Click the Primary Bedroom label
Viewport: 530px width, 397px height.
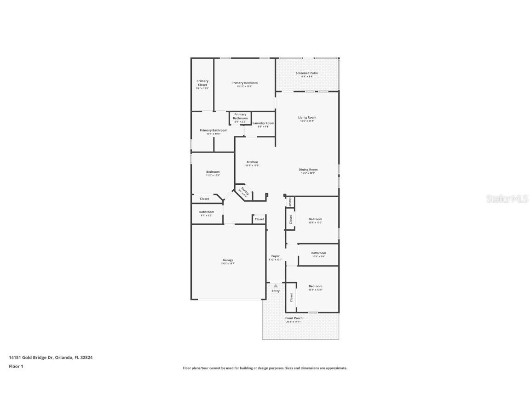244,83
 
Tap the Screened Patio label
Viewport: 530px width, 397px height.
306,73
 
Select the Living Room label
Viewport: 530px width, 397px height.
307,118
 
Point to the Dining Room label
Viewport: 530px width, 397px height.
309,170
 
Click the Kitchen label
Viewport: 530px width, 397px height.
252,162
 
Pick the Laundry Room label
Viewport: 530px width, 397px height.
263,123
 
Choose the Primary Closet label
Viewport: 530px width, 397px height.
202,83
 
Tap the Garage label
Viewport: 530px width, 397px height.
228,260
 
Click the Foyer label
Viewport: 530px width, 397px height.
275,256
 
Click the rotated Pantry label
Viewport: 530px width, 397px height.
245,191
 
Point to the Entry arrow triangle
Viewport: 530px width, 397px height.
276,286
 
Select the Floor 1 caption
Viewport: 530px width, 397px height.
16,366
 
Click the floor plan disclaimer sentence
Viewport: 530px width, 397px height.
265,368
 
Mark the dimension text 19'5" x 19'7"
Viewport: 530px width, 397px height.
228,264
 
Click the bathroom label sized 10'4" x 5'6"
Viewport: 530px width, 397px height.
318,253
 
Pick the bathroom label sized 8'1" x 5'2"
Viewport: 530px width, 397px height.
207,212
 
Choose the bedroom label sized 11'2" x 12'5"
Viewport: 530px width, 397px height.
213,172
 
